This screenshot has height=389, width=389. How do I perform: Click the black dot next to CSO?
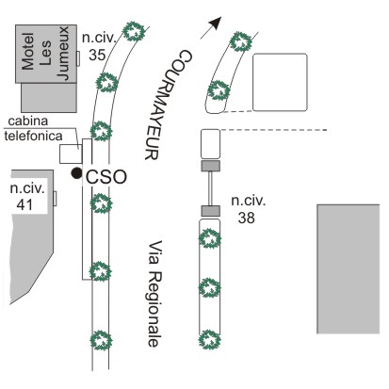click(x=76, y=173)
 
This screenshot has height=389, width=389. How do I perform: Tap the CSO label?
click(x=106, y=177)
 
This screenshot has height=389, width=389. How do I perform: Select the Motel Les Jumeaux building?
click(x=46, y=54)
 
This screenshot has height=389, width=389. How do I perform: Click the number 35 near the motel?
click(x=97, y=55)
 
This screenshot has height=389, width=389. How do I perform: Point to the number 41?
click(x=24, y=205)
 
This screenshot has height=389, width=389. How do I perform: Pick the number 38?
click(x=246, y=218)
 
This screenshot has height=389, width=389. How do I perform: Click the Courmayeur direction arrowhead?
click(x=216, y=23)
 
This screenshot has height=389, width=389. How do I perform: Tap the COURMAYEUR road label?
click(x=169, y=105)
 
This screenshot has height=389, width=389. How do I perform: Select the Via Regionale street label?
click(x=154, y=294)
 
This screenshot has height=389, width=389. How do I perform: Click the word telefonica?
click(x=33, y=136)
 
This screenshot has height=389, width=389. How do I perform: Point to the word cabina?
click(x=28, y=121)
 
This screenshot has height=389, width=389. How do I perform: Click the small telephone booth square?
click(x=71, y=154)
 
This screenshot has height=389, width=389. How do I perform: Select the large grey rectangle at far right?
click(x=348, y=269)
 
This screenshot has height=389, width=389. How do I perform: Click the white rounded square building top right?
click(x=280, y=82)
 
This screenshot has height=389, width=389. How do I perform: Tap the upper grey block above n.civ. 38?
click(x=210, y=166)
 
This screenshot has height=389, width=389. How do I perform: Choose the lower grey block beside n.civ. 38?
click(x=210, y=211)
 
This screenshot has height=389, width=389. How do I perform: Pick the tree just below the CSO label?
click(x=101, y=203)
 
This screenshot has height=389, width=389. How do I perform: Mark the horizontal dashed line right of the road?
click(x=274, y=130)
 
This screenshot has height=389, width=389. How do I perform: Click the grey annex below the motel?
click(x=49, y=98)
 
